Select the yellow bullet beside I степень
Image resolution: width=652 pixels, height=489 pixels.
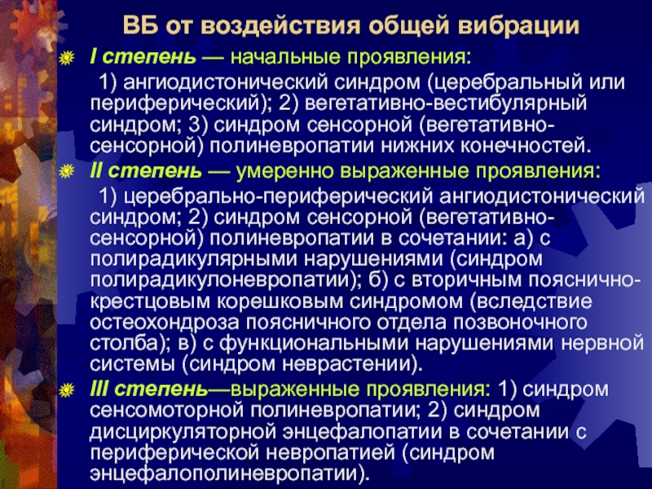click(67, 58)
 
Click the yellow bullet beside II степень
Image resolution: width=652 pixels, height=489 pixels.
click(67, 171)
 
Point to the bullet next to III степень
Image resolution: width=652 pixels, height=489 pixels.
click(67, 390)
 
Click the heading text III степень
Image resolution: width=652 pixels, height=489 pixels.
click(148, 390)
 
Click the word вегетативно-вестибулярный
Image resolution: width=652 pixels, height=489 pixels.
click(445, 104)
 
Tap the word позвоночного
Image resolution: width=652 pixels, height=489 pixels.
click(520, 323)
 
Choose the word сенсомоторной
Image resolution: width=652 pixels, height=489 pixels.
click(166, 411)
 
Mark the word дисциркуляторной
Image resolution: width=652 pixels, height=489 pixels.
click(183, 432)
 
